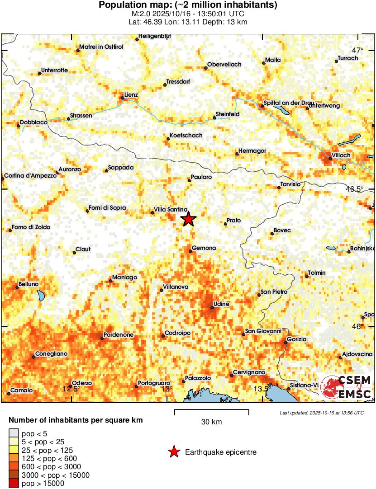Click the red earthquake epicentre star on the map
[189, 219]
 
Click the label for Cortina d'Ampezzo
[31, 176]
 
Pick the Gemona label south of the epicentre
[204, 248]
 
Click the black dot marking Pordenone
[102, 338]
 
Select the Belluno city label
[28, 285]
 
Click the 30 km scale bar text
[211, 422]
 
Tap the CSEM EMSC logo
[347, 388]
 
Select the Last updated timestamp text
[322, 413]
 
